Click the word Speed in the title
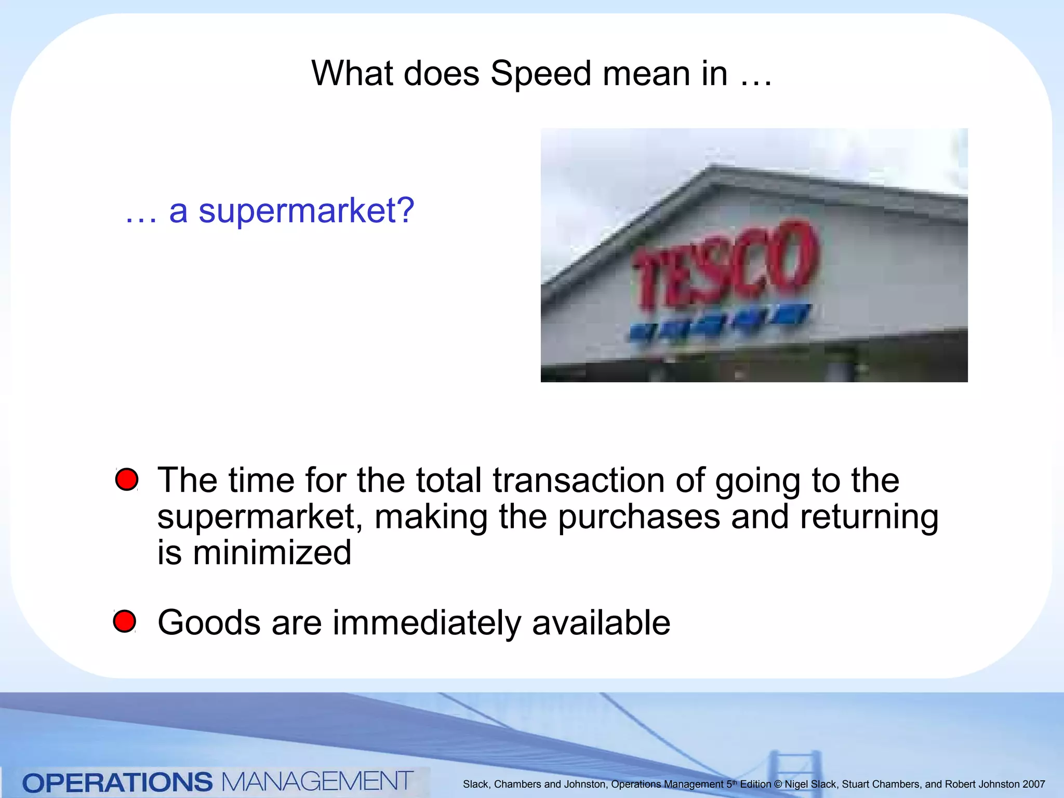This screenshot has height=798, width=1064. [x=540, y=74]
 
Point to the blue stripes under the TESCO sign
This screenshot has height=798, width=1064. [x=720, y=321]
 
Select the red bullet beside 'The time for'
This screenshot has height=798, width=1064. [x=127, y=479]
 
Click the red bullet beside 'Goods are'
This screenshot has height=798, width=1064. [x=125, y=621]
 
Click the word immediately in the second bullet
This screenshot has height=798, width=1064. [x=426, y=622]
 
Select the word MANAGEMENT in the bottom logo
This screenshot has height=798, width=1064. [x=317, y=781]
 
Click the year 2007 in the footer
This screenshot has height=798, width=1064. [x=1033, y=784]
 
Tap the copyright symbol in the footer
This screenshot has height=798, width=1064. [x=778, y=784]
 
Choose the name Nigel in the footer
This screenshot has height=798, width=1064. [x=795, y=784]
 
